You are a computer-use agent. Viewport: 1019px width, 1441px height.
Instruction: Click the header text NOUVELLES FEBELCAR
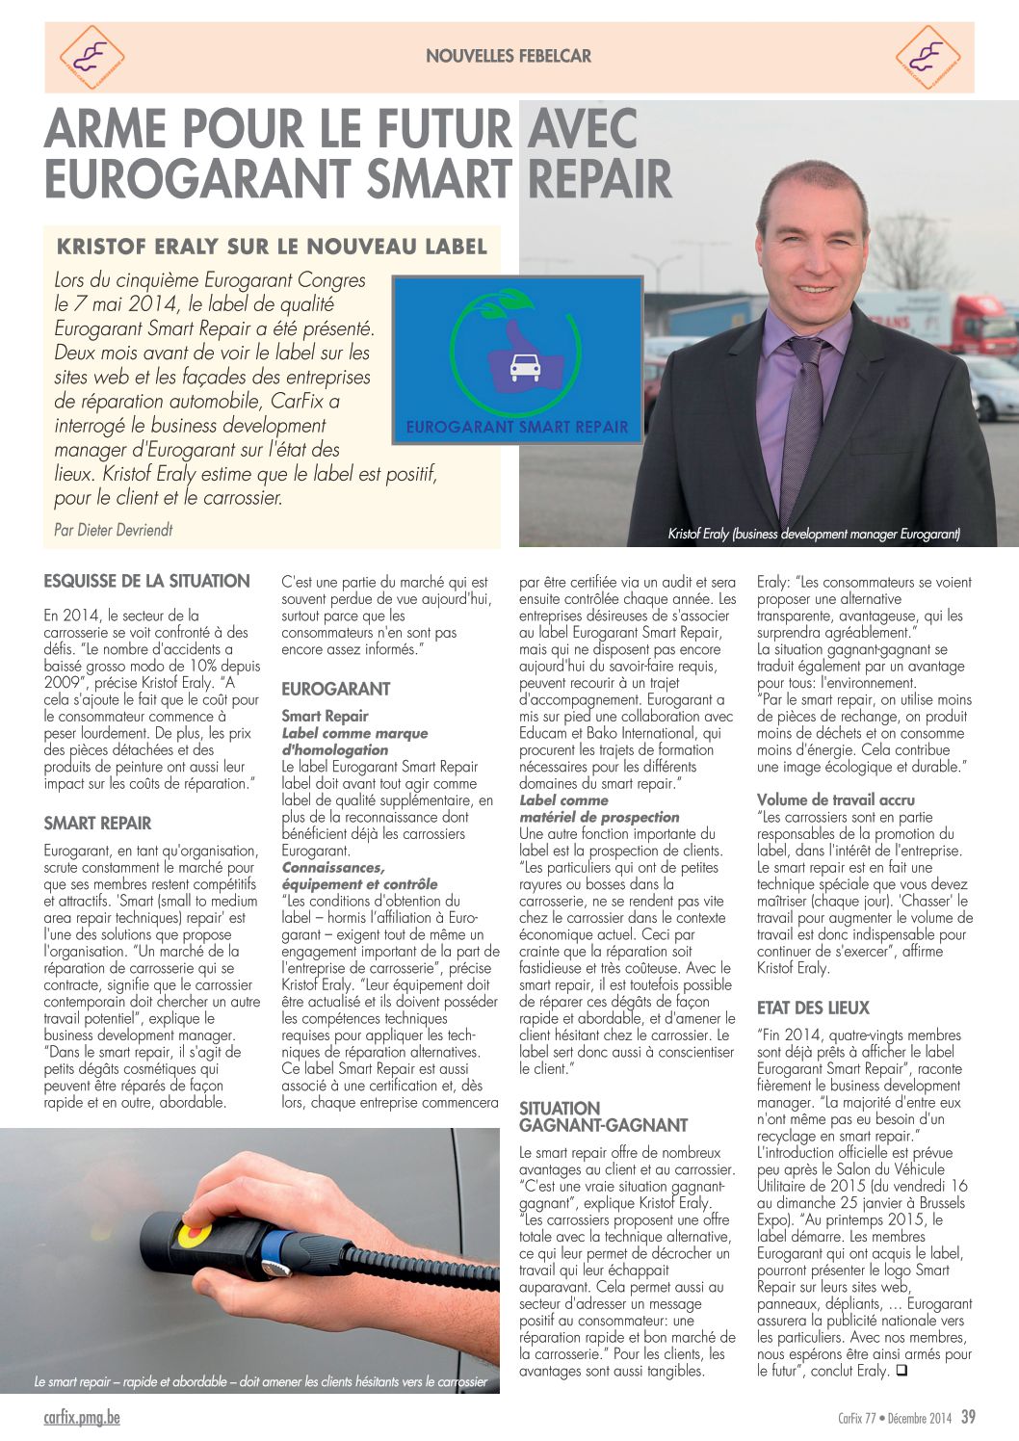click(509, 56)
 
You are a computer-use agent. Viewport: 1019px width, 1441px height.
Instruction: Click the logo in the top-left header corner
click(91, 57)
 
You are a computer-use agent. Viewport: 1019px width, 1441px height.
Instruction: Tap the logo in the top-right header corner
click(928, 57)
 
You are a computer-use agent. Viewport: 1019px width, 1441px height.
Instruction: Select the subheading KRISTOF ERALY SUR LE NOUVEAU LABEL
click(272, 247)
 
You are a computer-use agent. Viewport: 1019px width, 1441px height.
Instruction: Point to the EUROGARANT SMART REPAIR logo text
click(517, 427)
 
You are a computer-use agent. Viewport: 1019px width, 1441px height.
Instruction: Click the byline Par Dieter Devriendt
click(114, 529)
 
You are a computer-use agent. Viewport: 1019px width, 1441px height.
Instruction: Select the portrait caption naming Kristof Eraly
click(814, 534)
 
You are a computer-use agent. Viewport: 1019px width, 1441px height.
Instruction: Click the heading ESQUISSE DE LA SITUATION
click(146, 581)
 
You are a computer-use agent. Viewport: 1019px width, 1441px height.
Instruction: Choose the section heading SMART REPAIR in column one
click(97, 824)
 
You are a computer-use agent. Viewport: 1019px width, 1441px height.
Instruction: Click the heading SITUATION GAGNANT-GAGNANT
click(603, 1116)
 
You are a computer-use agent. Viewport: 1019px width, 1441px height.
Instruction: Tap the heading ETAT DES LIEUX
click(813, 1008)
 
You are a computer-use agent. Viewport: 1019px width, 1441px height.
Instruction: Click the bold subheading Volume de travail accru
click(836, 799)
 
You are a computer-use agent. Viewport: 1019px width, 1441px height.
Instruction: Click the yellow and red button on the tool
click(193, 1234)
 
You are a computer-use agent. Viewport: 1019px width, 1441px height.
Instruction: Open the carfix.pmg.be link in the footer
click(82, 1417)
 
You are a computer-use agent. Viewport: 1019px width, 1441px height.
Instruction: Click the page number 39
click(968, 1417)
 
